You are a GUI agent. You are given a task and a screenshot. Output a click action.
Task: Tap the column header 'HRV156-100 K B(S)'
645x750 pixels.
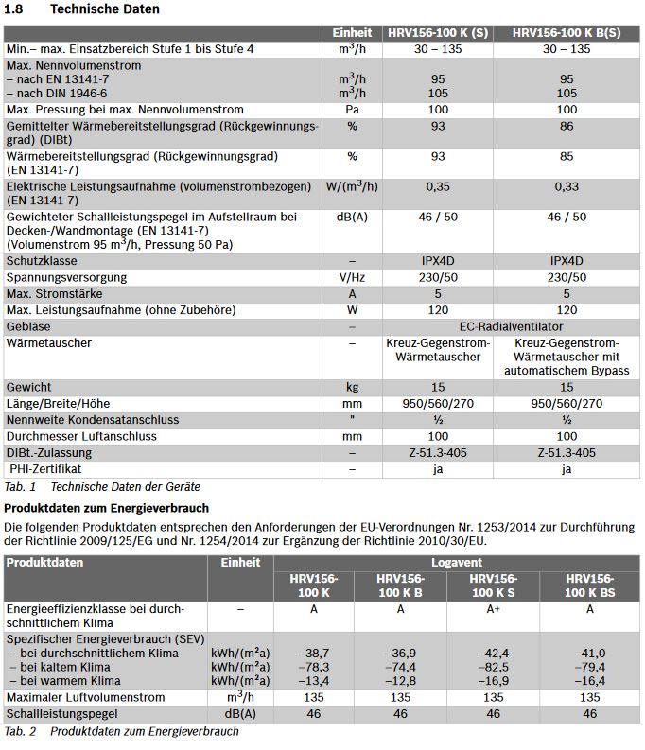point(567,32)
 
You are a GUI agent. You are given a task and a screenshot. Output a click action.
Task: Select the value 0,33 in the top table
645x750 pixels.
point(567,187)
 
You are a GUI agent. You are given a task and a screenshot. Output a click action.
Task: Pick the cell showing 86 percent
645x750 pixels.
point(567,126)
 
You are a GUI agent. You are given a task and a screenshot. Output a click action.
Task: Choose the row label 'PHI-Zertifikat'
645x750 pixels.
point(46,468)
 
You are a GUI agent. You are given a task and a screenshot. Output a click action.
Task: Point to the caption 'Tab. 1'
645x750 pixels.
point(20,486)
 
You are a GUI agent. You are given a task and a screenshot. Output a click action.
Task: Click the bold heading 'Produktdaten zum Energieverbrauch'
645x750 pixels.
point(107,508)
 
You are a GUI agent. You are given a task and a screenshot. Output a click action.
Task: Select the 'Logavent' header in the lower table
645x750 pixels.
point(457,562)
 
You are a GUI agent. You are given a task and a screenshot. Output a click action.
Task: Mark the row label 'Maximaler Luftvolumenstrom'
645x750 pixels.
point(85,697)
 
